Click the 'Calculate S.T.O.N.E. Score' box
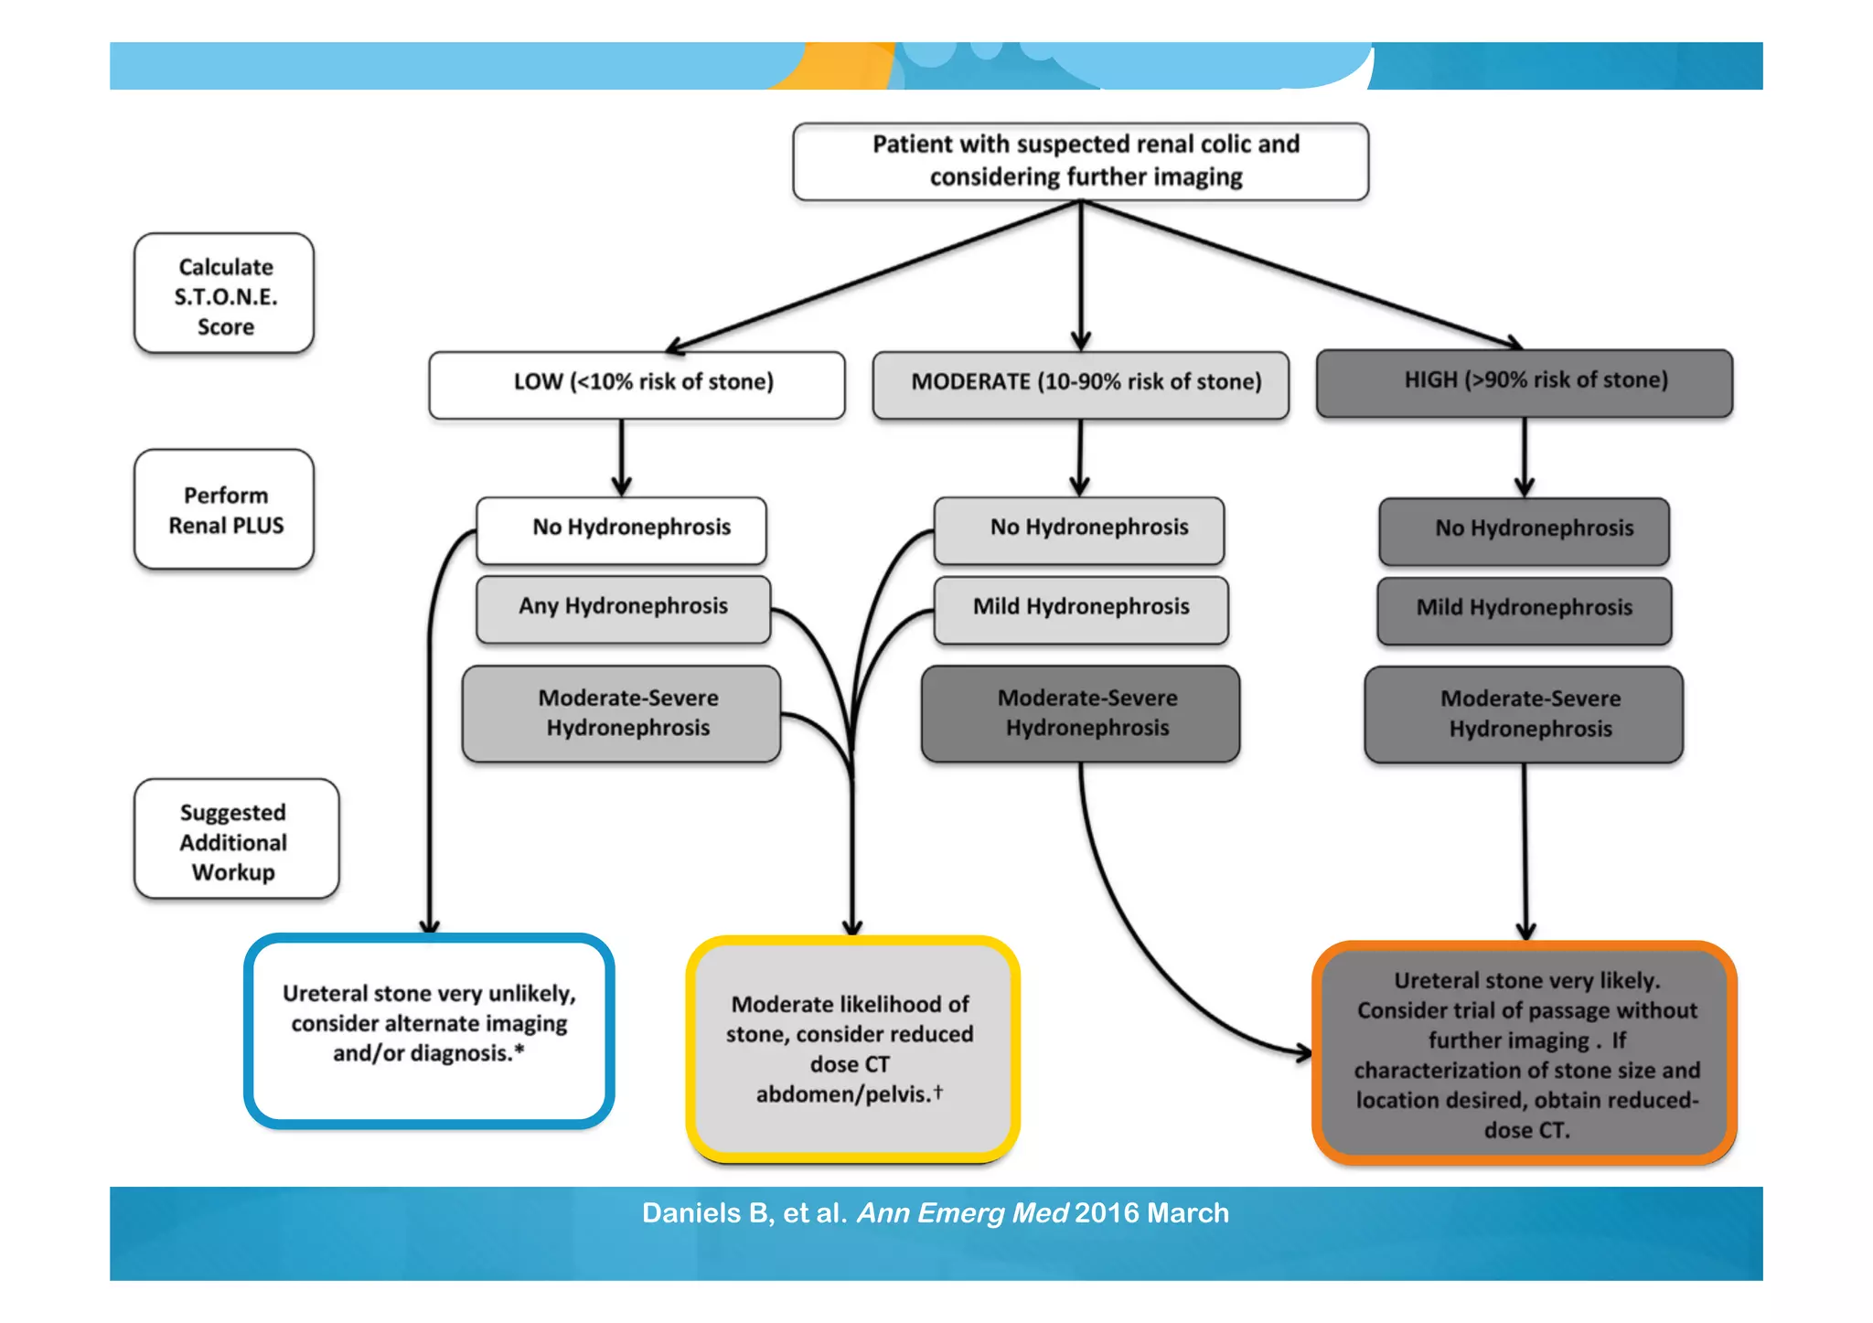pos(224,294)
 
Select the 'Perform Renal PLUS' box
pos(224,509)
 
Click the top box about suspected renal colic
pos(1080,161)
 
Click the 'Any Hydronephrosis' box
pos(623,608)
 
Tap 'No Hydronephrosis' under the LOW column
pos(621,529)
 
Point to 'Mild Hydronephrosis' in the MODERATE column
pos(1080,609)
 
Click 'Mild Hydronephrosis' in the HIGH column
pos(1524,610)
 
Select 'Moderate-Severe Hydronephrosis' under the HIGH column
pos(1524,714)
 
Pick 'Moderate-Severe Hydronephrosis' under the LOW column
pos(621,713)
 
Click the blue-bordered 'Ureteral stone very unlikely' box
pos(429,1030)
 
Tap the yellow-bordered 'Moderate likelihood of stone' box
pos(852,1049)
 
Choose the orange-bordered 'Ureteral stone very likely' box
pos(1524,1053)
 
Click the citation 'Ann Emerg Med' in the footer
pos(962,1213)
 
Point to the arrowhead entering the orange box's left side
pos(1305,1053)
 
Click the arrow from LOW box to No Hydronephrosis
pos(622,457)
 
